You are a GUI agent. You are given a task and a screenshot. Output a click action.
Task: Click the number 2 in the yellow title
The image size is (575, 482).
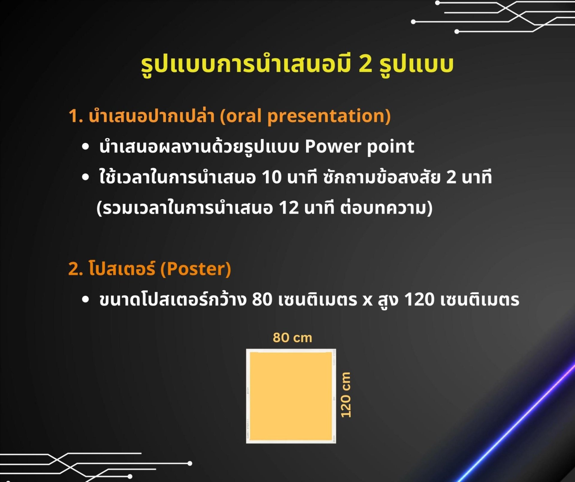365,64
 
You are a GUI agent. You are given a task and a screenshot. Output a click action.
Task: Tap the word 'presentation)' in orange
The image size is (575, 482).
329,117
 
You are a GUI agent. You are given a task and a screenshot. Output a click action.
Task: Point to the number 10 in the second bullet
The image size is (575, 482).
272,177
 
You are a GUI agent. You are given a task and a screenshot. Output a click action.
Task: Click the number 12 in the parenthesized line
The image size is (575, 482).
289,208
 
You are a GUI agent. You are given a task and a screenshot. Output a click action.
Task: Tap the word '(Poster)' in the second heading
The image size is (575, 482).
196,269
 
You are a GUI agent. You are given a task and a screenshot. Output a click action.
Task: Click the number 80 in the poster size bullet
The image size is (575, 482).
262,299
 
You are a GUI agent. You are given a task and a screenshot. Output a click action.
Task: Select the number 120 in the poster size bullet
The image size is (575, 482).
419,299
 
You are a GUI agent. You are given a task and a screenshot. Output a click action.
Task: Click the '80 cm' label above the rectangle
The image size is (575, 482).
292,338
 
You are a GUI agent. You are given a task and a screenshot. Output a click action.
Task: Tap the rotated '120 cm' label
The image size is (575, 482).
346,394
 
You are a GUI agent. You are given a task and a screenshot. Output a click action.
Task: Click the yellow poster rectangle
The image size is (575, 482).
291,396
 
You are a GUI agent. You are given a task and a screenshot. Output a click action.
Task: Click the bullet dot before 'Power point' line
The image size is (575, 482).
86,147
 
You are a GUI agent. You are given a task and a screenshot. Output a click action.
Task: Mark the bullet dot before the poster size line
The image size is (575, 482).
86,299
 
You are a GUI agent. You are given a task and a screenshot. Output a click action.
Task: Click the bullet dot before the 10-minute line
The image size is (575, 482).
86,177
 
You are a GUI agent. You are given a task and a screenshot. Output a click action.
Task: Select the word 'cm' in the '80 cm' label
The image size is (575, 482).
303,338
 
